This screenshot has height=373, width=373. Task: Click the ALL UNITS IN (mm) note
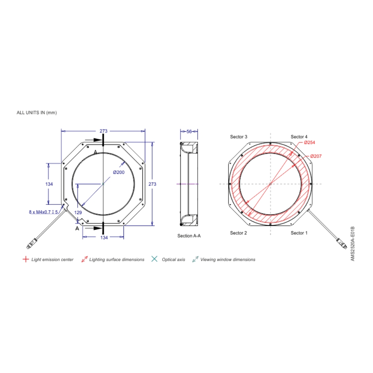point(37,112)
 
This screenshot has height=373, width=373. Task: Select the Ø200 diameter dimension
point(119,172)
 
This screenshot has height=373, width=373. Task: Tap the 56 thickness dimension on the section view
point(189,131)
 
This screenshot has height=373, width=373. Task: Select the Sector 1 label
point(299,233)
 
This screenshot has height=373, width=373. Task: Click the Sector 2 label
point(238,233)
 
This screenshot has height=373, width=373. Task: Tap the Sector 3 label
point(238,137)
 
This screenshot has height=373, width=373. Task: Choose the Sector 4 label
point(299,137)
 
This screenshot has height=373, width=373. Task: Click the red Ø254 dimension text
point(310,142)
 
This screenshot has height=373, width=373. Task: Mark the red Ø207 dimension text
point(316,156)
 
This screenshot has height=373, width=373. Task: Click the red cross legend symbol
point(25,259)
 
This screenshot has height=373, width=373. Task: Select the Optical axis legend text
point(173,260)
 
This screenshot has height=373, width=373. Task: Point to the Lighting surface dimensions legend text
point(117,260)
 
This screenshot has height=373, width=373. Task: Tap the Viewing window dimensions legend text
point(228,260)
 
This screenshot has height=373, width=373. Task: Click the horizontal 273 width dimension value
point(103,131)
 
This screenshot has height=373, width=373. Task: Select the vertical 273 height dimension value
point(152,184)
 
